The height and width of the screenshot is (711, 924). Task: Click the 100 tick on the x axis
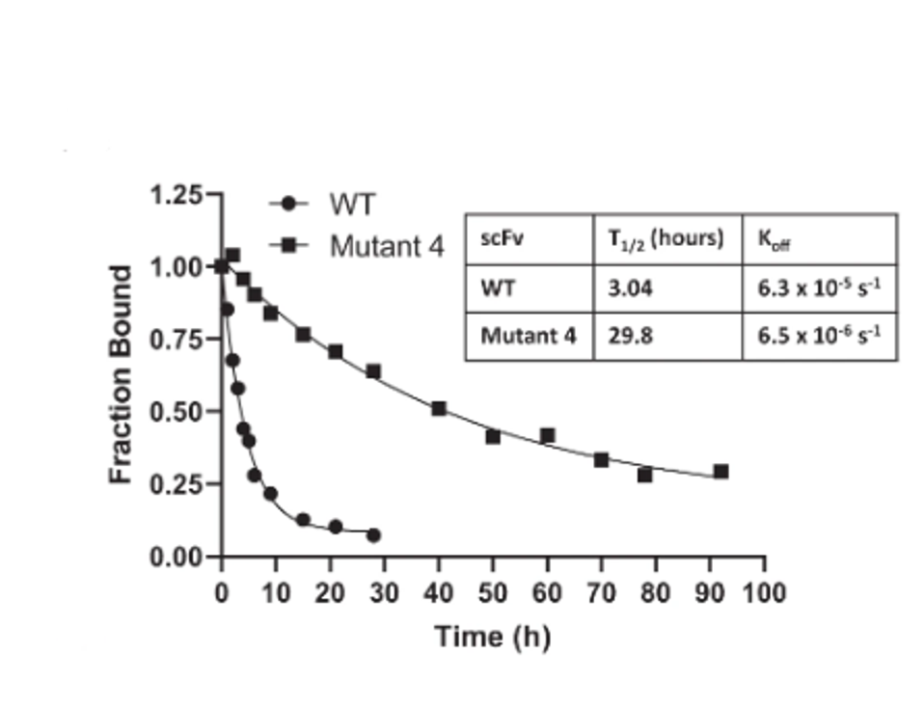765,590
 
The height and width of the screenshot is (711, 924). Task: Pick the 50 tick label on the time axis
493,590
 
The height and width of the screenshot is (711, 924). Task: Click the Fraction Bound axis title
121,374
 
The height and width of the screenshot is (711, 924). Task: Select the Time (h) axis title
492,637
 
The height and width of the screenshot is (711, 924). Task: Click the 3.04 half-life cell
628,288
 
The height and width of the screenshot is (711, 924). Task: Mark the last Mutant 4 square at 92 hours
720,472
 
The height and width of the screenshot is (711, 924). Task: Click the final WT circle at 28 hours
373,534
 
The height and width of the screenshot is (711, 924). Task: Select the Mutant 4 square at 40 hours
439,408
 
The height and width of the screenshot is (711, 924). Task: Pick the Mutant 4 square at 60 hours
548,435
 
